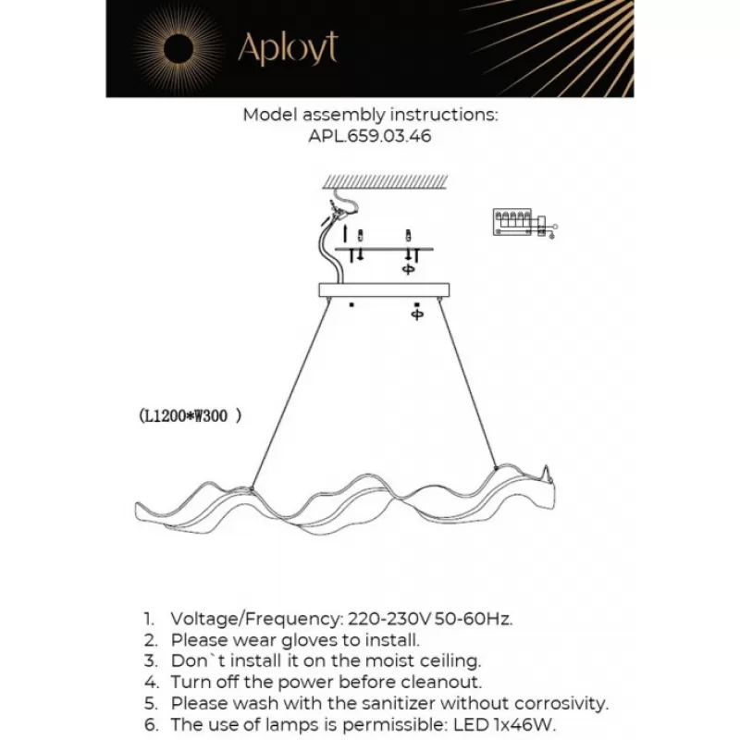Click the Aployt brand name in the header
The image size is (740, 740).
(288, 48)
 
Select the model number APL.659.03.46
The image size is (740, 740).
(370, 136)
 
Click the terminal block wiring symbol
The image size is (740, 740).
(519, 223)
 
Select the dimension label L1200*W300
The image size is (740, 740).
(189, 417)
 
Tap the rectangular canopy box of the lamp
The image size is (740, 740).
(384, 290)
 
